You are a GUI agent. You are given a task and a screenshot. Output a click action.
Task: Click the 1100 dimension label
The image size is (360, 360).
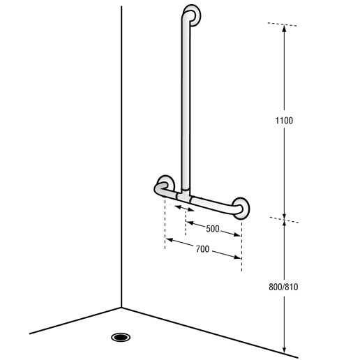(284, 121)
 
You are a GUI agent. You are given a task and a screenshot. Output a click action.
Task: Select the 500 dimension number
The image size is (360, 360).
(213, 229)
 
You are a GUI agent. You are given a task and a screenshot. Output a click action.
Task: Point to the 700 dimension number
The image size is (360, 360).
(202, 249)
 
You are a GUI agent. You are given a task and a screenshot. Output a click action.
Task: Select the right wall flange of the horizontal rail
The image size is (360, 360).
(242, 207)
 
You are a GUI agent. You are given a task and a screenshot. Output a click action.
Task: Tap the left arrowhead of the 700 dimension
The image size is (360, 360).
(168, 241)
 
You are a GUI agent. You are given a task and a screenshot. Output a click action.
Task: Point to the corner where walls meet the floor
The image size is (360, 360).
(121, 307)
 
